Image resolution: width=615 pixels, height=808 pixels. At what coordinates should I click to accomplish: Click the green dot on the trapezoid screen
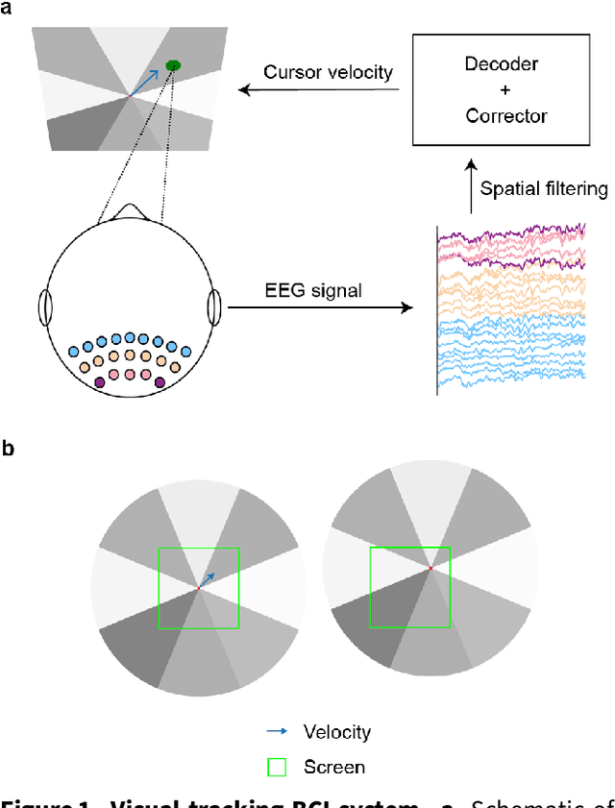click(173, 65)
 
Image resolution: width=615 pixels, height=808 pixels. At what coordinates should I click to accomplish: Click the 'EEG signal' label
click(313, 289)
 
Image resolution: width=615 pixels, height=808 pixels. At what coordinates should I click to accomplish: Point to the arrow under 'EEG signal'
click(317, 308)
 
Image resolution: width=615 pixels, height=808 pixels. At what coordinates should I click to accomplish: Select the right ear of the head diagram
click(214, 308)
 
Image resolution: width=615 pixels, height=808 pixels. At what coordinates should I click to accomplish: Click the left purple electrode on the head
click(99, 382)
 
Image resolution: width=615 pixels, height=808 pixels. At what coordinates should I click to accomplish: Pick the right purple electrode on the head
click(160, 382)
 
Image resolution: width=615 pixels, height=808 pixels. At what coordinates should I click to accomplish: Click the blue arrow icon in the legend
click(278, 731)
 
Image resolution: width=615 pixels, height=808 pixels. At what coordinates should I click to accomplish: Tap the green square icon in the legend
click(278, 767)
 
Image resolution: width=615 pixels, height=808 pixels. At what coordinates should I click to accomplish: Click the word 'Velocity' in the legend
click(336, 732)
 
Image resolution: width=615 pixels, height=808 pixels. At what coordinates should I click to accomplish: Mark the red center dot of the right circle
click(430, 569)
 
